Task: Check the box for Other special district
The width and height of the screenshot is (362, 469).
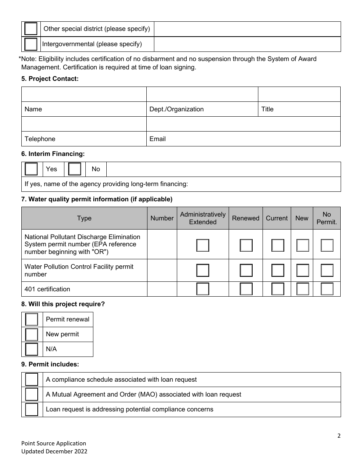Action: (x=31, y=29)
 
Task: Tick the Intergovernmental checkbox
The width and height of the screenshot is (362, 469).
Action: (x=31, y=44)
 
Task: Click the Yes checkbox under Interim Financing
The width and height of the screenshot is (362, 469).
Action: (x=31, y=169)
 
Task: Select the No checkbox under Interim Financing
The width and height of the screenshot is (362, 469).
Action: (x=75, y=169)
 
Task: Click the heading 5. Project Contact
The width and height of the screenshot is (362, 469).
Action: (x=50, y=79)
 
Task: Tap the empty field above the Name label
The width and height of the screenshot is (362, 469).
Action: (x=84, y=94)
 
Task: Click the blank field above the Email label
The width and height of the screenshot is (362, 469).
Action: (x=243, y=124)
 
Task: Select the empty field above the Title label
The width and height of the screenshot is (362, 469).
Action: (x=299, y=94)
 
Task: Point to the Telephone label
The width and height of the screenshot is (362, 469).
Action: (x=40, y=139)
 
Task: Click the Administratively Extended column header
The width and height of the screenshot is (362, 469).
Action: (x=203, y=218)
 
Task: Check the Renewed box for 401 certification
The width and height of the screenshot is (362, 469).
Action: (x=246, y=289)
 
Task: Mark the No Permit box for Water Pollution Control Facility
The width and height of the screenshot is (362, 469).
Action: (x=327, y=270)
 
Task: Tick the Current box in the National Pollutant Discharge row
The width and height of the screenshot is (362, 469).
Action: (x=278, y=245)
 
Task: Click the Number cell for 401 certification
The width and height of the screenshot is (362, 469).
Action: (x=162, y=289)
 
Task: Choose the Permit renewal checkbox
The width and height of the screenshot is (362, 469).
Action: (x=32, y=320)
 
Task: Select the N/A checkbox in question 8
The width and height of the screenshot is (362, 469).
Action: (x=32, y=349)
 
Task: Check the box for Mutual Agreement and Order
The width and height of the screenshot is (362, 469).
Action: (x=32, y=394)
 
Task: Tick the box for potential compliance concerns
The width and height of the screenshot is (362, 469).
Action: (x=32, y=409)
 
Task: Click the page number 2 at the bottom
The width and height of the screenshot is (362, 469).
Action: (x=339, y=436)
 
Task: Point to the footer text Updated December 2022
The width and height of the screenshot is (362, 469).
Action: (x=54, y=451)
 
